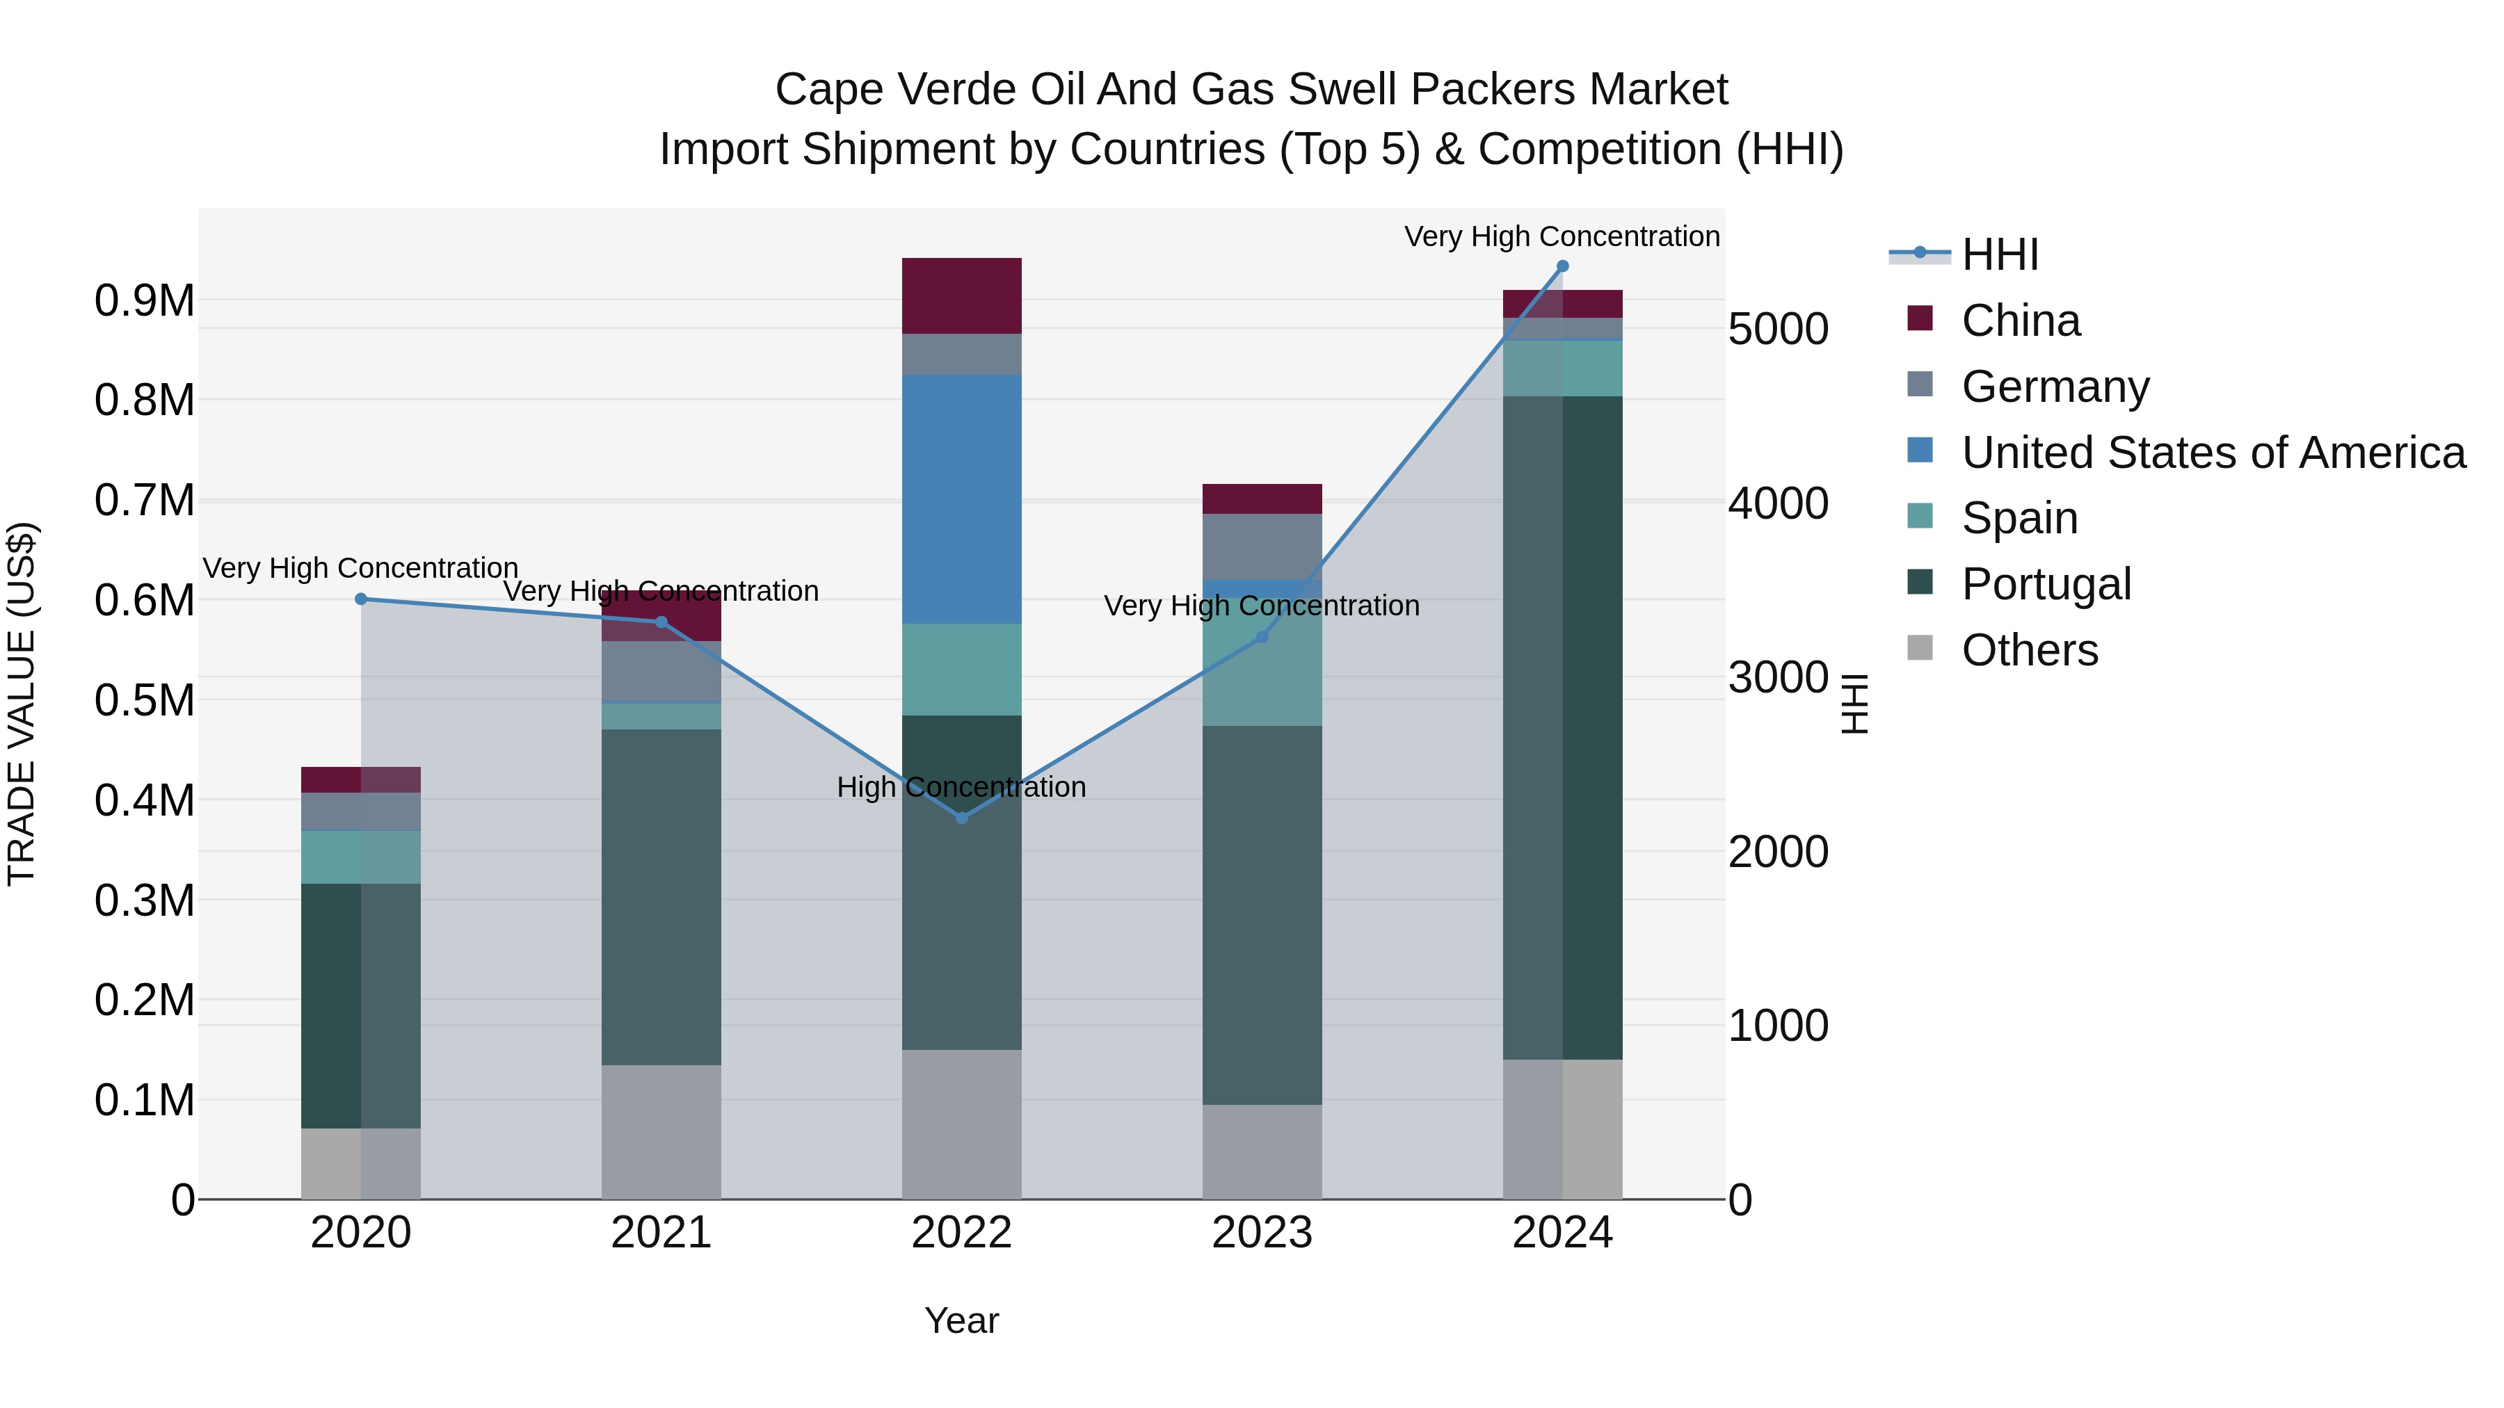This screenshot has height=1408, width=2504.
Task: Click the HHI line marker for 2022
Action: pyautogui.click(x=961, y=817)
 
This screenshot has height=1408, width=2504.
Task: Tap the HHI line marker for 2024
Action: pyautogui.click(x=1562, y=266)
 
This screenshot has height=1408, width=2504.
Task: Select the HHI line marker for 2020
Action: pyautogui.click(x=360, y=599)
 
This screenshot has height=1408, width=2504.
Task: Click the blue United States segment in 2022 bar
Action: pyautogui.click(x=961, y=499)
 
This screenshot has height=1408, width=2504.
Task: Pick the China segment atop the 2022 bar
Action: pyautogui.click(x=961, y=296)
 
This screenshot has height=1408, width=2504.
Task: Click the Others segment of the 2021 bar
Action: pyautogui.click(x=661, y=1131)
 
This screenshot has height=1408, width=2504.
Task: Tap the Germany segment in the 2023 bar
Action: pyautogui.click(x=1262, y=546)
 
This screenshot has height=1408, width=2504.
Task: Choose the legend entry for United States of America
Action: pyautogui.click(x=2213, y=453)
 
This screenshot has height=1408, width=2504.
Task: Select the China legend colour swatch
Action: pyautogui.click(x=1920, y=318)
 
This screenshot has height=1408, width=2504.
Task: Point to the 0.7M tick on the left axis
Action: pyautogui.click(x=144, y=501)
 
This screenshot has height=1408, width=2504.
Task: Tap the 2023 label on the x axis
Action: pyautogui.click(x=1262, y=1233)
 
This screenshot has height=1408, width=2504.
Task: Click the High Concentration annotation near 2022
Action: pyautogui.click(x=961, y=787)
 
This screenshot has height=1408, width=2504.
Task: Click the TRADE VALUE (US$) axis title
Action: pyautogui.click(x=22, y=704)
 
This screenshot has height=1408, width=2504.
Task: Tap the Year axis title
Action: pyautogui.click(x=961, y=1320)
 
